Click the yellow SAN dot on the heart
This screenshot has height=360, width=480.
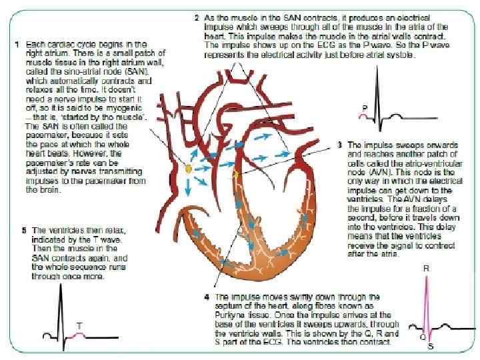[x=189, y=169]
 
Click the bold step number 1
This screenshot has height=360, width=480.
[x=17, y=43]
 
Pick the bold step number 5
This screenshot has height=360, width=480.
[x=24, y=230]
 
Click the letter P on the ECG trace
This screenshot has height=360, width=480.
[x=365, y=107]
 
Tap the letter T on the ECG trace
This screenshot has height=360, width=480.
[x=79, y=326]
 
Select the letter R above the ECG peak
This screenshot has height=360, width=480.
[x=425, y=269]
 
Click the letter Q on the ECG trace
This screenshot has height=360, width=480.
[x=422, y=337]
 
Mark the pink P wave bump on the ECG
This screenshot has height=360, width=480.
[x=363, y=115]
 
